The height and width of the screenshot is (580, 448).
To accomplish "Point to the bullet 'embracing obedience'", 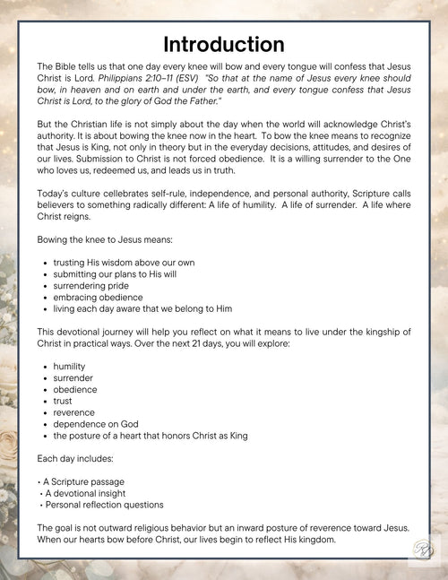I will (x=99, y=297).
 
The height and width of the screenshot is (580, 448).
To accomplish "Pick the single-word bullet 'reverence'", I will (x=75, y=412).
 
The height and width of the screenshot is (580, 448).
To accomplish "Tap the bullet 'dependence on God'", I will (x=96, y=424).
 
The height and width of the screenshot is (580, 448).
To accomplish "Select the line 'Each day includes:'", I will (x=74, y=459).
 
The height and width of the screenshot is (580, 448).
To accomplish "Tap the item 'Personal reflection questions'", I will (x=103, y=505).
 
